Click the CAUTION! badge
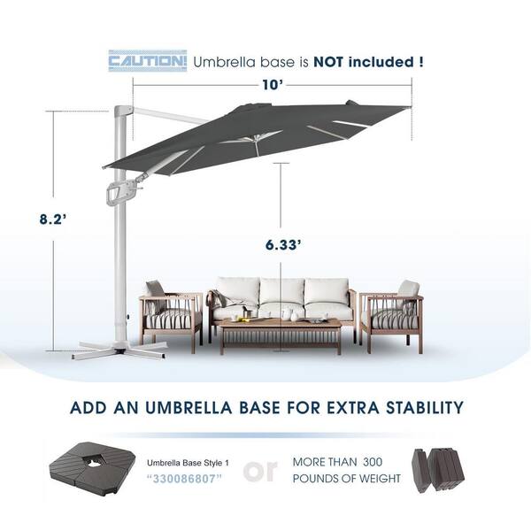pos(147,61)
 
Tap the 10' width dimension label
pos(273,85)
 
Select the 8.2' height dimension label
pos(52,219)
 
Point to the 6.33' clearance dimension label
pos(283,244)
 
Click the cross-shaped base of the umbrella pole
pos(119,350)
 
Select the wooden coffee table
pos(281,335)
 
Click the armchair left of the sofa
pos(172,315)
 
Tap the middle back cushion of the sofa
pos(282,290)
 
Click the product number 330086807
pos(185,479)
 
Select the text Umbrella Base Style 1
pos(188,463)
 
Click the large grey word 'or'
pos(260,471)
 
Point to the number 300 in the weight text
pos(373,462)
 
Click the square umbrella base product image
pos(92,468)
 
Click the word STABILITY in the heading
pos(425,407)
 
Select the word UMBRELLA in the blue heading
pos(189,407)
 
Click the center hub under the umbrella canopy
pos(257,138)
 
